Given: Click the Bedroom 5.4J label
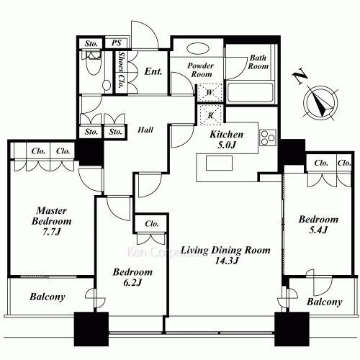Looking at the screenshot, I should [318, 224].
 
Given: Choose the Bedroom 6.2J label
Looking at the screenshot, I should [132, 278].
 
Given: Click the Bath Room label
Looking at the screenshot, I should [258, 62].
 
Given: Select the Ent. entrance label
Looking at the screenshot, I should [153, 71].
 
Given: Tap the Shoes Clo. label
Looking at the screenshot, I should [122, 70].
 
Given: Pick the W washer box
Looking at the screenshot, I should [208, 93].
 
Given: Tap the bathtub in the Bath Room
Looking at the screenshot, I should [250, 93].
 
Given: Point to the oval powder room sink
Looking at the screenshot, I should [197, 50].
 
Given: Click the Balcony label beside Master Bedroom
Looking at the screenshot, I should [48, 297].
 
